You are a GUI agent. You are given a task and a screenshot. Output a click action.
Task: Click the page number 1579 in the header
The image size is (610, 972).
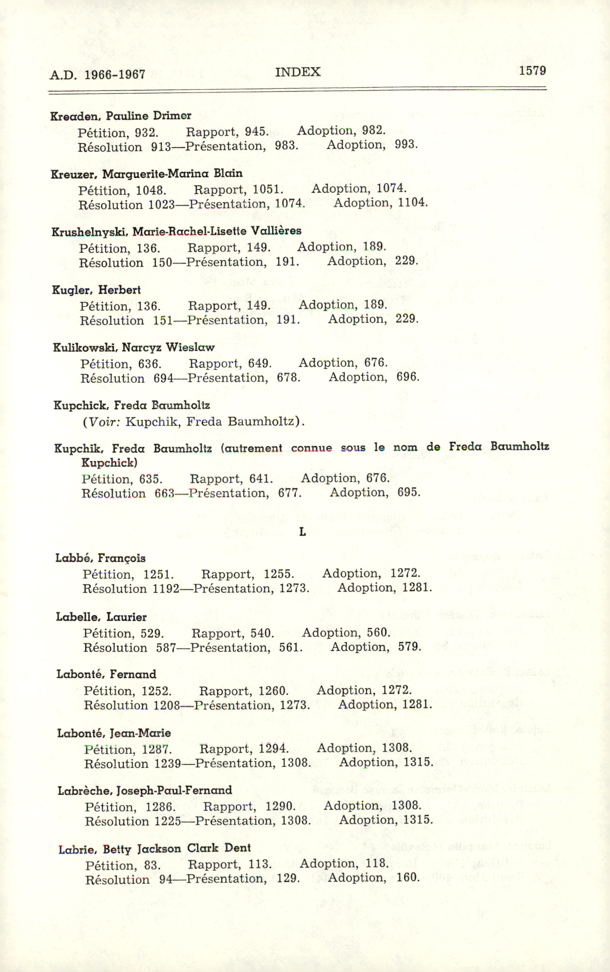point(532,71)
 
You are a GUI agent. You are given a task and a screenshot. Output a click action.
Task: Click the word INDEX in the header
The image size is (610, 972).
point(298,72)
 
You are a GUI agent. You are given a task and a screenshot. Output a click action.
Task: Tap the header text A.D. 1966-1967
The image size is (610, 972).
point(97,75)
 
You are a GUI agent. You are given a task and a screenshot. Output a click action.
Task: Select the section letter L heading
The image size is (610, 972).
point(302,532)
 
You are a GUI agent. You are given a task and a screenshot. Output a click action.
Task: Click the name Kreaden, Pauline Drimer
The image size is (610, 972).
point(121,116)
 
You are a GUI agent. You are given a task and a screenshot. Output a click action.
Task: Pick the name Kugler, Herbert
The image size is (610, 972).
point(96,290)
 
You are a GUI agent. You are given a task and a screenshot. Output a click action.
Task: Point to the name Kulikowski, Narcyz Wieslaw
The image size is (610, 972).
point(133,348)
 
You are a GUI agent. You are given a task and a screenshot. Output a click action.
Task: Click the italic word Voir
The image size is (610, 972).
point(104,422)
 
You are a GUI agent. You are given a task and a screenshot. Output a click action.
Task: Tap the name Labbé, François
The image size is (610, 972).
point(100,558)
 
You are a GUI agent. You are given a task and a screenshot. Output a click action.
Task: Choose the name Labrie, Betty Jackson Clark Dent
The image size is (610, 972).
point(154,849)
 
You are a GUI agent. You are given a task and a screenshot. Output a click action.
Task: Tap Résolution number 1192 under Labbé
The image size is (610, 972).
point(166,589)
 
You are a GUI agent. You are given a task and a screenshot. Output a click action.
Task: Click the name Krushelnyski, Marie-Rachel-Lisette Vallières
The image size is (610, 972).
point(176,232)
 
